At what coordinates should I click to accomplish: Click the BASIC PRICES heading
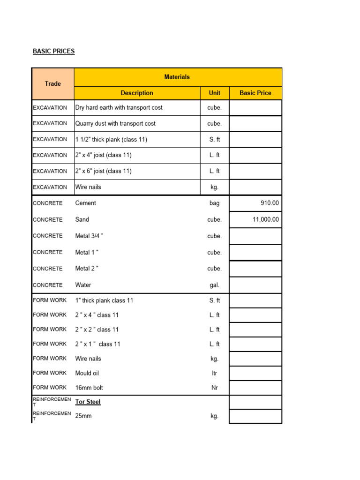click(x=53, y=51)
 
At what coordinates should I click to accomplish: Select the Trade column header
click(x=53, y=83)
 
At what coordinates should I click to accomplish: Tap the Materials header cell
click(x=177, y=77)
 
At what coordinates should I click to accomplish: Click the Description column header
click(x=137, y=93)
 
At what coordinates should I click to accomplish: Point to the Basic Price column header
click(x=255, y=93)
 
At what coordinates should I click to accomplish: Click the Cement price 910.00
click(x=270, y=203)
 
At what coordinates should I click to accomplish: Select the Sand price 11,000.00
click(x=265, y=219)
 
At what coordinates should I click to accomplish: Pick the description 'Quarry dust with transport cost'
click(x=115, y=123)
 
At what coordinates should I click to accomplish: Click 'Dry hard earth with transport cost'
click(x=119, y=107)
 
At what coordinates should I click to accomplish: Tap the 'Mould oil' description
click(x=87, y=373)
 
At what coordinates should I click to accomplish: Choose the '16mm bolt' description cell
click(x=89, y=388)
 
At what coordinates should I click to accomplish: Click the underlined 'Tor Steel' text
click(x=88, y=402)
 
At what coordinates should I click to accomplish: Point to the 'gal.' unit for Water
click(x=215, y=285)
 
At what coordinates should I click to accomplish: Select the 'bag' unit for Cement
click(x=215, y=203)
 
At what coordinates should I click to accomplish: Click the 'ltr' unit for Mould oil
click(x=215, y=373)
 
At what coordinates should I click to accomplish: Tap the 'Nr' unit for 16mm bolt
click(x=215, y=388)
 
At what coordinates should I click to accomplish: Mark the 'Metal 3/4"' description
click(x=89, y=236)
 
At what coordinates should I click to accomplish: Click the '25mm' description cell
click(x=83, y=416)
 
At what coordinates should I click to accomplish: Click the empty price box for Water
click(x=255, y=285)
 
